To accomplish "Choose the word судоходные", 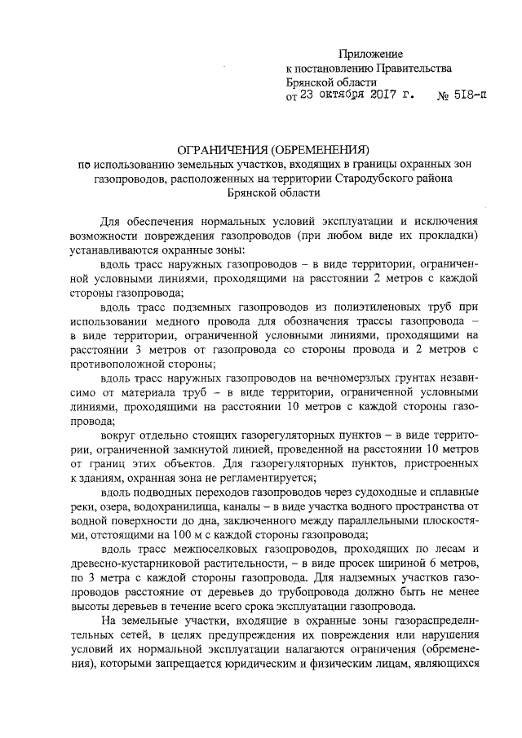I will pos(395,494).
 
